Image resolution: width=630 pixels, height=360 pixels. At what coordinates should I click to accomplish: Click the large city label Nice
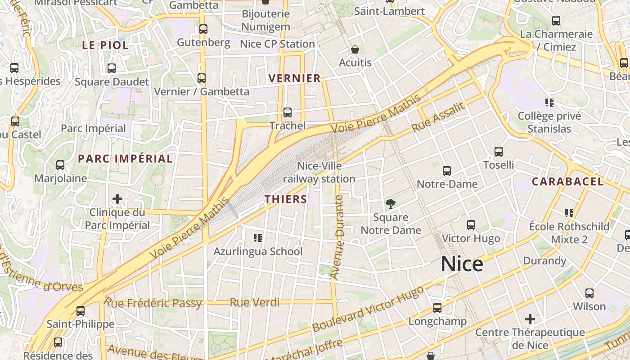pyautogui.click(x=462, y=264)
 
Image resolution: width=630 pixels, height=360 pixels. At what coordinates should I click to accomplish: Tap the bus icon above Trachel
pyautogui.click(x=288, y=112)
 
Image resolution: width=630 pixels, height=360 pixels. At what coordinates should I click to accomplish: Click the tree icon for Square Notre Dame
pyautogui.click(x=391, y=204)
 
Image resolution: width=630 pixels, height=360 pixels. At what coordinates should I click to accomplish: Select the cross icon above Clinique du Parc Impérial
pyautogui.click(x=117, y=199)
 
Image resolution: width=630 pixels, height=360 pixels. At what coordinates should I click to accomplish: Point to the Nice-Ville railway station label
pyautogui.click(x=319, y=173)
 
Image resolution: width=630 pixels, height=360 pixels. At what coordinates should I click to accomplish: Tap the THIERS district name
pyautogui.click(x=286, y=199)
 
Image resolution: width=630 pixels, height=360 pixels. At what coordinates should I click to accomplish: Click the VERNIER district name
pyautogui.click(x=295, y=78)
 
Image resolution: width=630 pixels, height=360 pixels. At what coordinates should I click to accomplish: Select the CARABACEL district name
pyautogui.click(x=568, y=182)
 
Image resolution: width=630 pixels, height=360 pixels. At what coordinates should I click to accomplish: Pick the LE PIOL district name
pyautogui.click(x=105, y=45)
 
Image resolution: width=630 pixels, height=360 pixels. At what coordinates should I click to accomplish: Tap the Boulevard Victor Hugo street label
pyautogui.click(x=368, y=309)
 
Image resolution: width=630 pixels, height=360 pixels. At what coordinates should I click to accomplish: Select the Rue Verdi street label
pyautogui.click(x=254, y=303)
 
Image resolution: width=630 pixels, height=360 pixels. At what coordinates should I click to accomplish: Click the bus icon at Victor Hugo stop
pyautogui.click(x=471, y=225)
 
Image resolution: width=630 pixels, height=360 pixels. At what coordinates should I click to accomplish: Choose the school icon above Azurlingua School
pyautogui.click(x=258, y=238)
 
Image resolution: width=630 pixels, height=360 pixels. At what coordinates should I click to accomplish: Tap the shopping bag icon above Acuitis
pyautogui.click(x=355, y=49)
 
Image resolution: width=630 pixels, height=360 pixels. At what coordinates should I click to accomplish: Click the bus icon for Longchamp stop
pyautogui.click(x=437, y=308)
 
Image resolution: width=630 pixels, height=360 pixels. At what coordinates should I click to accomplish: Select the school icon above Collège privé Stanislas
pyautogui.click(x=549, y=103)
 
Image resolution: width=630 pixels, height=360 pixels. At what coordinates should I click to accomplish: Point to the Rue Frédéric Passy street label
pyautogui.click(x=153, y=303)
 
